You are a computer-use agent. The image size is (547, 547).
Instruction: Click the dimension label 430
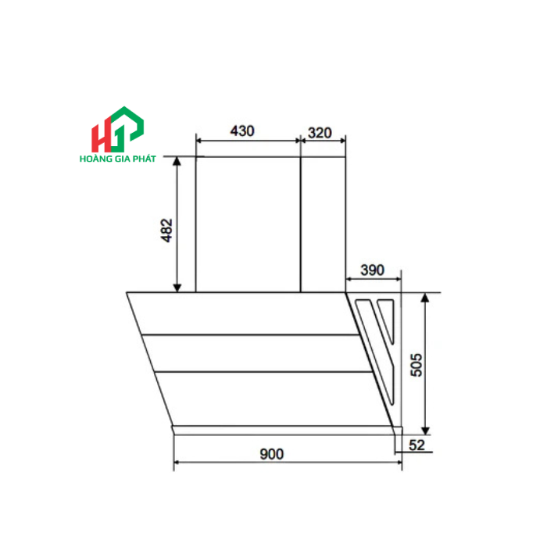(x=242, y=131)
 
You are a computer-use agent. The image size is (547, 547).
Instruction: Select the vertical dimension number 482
(x=166, y=231)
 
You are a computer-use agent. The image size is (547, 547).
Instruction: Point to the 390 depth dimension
(x=372, y=270)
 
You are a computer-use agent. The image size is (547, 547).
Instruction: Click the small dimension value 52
(x=416, y=445)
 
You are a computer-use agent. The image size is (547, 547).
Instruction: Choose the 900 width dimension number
(x=273, y=454)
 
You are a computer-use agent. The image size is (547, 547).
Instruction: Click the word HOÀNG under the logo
(x=97, y=158)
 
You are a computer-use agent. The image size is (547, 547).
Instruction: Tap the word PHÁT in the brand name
(x=144, y=158)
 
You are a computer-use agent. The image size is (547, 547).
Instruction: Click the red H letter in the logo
(x=101, y=136)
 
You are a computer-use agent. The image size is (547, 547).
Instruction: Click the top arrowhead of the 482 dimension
(x=178, y=160)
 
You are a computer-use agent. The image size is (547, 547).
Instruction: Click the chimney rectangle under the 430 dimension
(x=247, y=223)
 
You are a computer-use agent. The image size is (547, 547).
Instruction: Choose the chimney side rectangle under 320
(x=322, y=223)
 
